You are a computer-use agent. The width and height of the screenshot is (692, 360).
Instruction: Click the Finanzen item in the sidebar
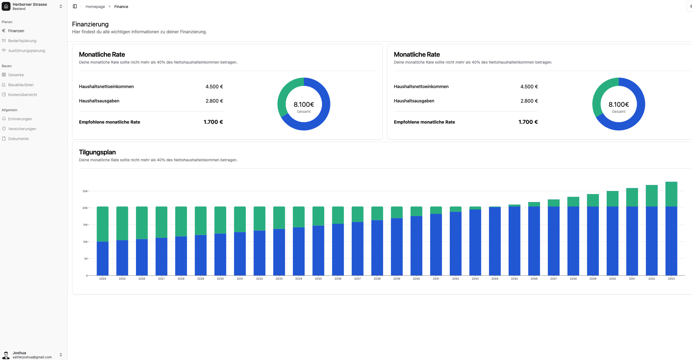16,31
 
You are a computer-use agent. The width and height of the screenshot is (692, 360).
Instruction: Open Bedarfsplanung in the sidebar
22,41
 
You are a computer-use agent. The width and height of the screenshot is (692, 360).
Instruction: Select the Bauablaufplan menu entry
21,85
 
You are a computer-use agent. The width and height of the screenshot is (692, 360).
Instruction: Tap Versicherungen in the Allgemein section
22,129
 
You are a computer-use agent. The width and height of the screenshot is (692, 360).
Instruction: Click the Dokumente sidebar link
18,139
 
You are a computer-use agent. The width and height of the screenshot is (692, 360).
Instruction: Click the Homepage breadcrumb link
95,7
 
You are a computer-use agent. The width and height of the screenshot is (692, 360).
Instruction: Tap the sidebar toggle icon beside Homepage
75,6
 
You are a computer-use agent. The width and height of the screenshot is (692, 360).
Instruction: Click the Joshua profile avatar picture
6,355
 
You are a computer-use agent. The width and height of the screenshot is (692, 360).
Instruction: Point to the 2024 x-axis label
102,279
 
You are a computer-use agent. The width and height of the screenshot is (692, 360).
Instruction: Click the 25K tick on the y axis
85,191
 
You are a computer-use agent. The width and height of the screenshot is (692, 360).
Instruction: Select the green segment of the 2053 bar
671,194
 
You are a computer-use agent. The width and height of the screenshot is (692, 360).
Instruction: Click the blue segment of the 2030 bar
220,255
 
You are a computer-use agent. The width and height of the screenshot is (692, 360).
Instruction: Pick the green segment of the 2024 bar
102,224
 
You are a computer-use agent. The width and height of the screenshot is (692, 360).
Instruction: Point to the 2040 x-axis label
416,279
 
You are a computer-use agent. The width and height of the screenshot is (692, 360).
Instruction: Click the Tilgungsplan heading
97,152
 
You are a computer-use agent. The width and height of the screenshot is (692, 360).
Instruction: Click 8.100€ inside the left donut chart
304,105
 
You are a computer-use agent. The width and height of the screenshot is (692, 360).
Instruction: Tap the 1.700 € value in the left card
213,122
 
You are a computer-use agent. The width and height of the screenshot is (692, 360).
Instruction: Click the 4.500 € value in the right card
529,87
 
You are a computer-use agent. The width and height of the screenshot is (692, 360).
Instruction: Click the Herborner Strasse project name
30,4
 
